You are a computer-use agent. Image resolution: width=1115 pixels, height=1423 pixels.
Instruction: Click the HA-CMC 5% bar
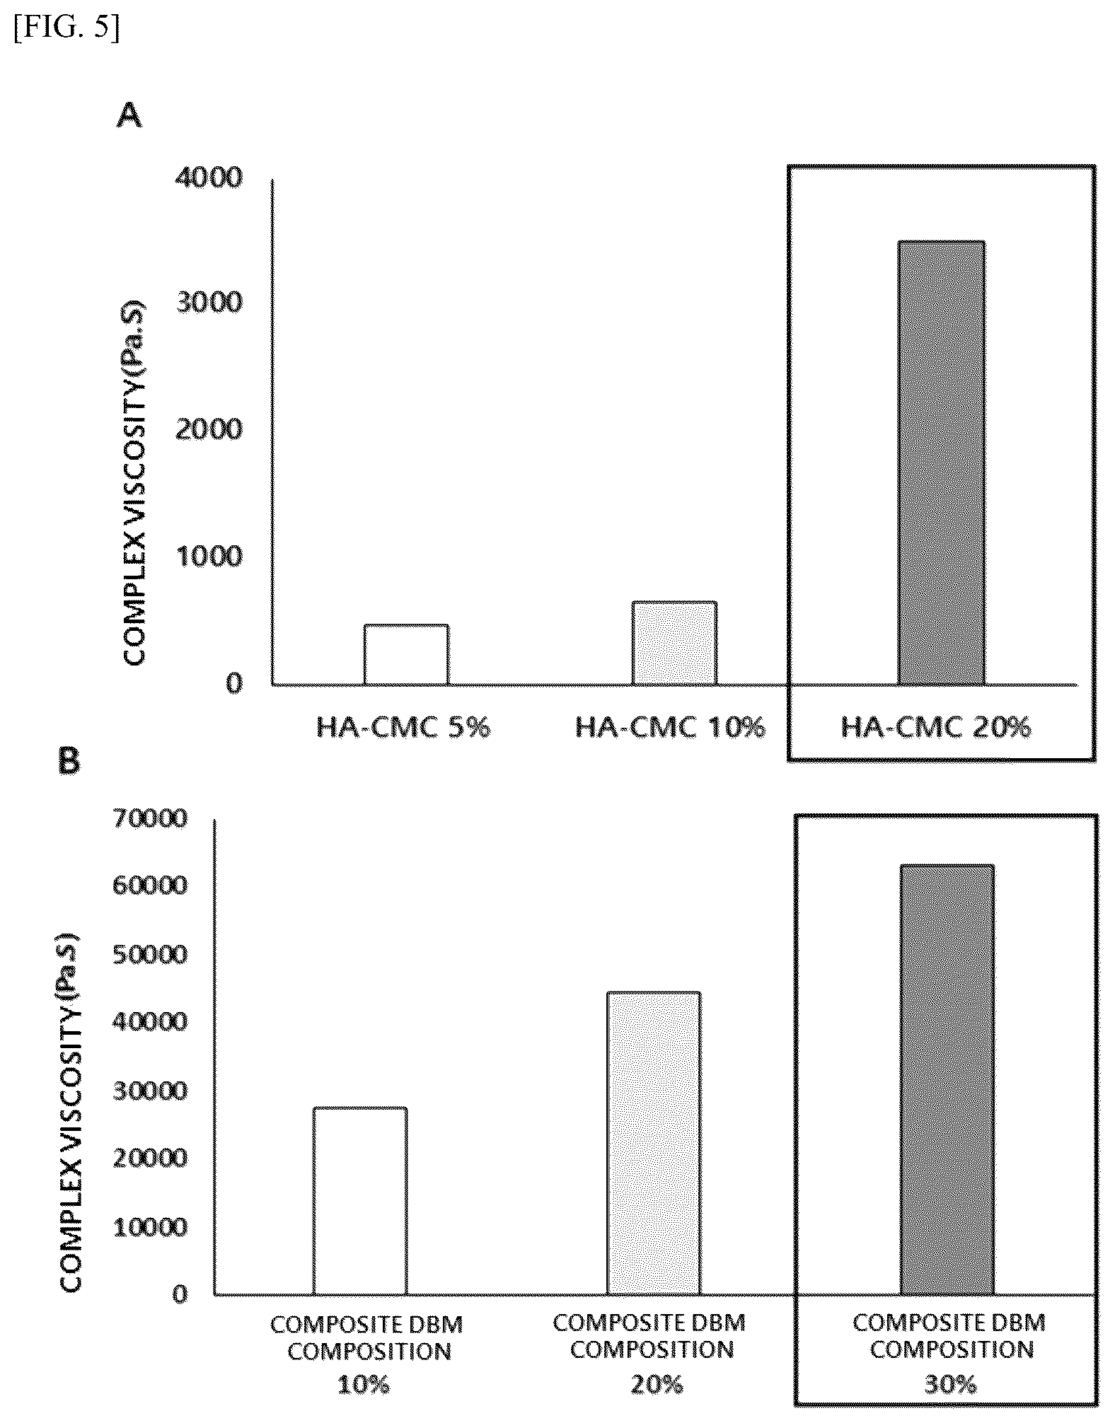pos(406,654)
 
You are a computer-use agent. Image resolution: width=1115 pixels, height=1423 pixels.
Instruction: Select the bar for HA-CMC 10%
pos(674,643)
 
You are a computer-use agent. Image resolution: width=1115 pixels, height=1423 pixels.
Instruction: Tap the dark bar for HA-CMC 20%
pos(941,463)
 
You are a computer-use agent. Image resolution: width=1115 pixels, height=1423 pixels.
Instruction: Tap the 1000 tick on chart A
pos(209,557)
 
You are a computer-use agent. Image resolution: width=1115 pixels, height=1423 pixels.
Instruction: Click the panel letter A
pos(129,115)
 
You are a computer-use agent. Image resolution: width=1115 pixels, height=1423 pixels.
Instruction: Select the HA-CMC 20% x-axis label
pos(936,726)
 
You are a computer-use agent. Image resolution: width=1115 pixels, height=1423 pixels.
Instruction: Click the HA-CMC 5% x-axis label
pos(403,726)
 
